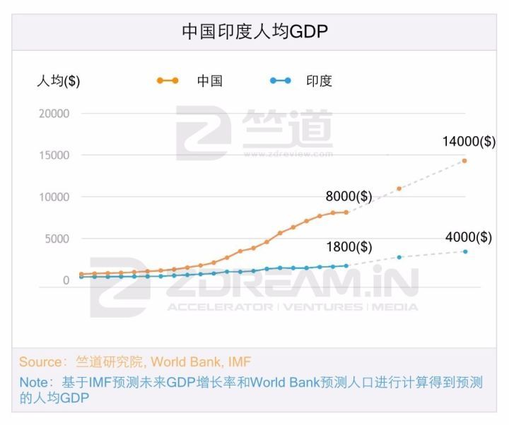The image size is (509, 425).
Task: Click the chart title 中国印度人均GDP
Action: (255, 32)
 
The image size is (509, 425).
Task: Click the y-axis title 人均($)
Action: (58, 80)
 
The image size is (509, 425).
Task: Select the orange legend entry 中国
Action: (209, 80)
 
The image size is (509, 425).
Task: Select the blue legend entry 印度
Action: (319, 80)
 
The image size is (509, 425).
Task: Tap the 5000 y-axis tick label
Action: (57, 239)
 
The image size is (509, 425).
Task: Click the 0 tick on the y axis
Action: (66, 280)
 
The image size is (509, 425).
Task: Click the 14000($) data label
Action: (469, 141)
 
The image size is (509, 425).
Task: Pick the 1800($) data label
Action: (349, 247)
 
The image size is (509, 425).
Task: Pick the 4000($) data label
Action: (469, 237)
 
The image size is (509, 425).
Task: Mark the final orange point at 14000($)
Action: (464, 161)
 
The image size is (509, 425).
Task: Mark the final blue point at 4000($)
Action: (465, 251)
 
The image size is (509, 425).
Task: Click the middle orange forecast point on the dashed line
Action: (399, 188)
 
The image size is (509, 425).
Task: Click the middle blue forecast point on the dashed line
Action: (399, 257)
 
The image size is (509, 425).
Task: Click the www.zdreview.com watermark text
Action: (288, 153)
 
